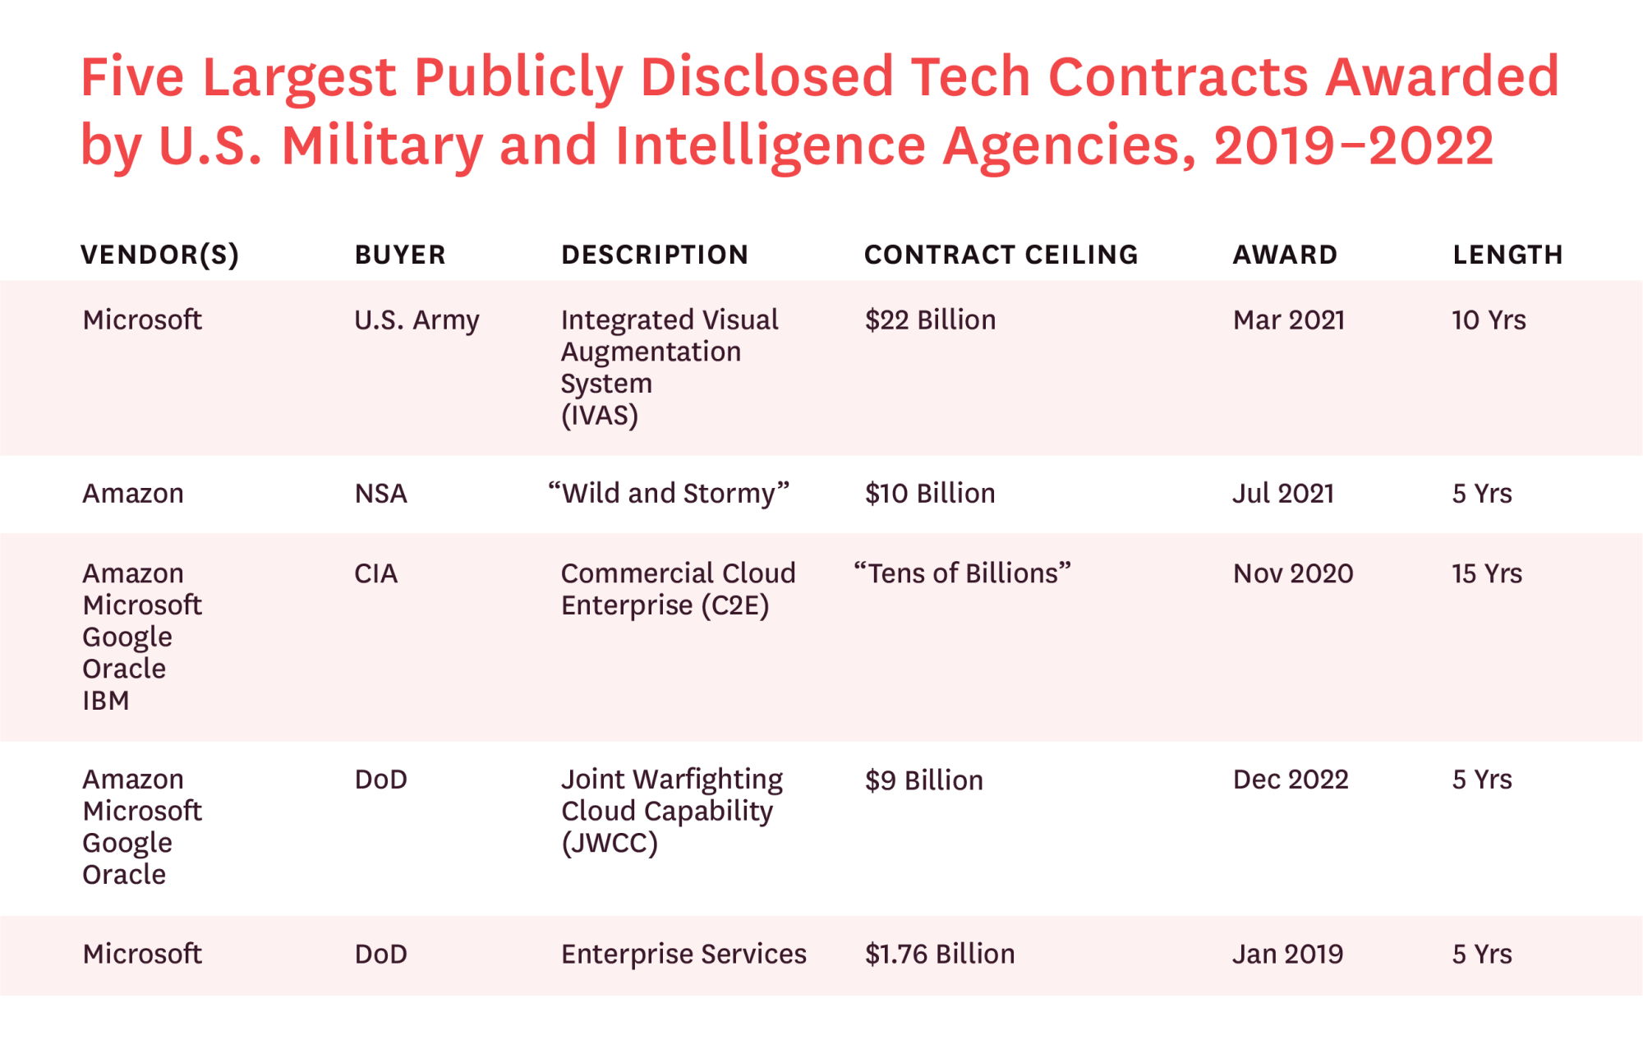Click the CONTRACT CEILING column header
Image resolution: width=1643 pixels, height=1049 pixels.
click(1001, 255)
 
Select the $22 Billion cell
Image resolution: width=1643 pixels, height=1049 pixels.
click(930, 320)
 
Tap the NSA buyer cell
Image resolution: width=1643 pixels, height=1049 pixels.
click(380, 494)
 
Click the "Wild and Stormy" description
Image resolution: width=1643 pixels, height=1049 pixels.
click(669, 494)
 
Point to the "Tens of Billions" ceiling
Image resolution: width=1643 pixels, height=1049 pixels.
click(962, 573)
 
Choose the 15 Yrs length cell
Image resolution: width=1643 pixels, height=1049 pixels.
click(1486, 573)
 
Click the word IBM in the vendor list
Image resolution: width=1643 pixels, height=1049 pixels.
click(106, 701)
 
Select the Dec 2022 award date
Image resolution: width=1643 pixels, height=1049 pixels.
click(1291, 780)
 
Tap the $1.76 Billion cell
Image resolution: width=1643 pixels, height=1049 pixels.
click(940, 954)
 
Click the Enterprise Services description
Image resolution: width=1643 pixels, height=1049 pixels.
click(683, 954)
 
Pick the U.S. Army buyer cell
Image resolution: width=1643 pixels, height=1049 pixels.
click(417, 320)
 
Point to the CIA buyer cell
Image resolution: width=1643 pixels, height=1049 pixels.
click(375, 573)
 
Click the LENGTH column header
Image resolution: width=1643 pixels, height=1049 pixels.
click(1507, 255)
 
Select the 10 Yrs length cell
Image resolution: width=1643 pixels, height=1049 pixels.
click(1489, 320)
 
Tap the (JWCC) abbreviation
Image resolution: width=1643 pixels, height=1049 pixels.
click(610, 844)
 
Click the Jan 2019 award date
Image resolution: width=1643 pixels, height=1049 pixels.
click(1287, 954)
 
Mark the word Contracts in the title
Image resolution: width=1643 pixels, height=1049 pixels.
click(1178, 77)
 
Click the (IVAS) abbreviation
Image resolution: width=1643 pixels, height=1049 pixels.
click(600, 416)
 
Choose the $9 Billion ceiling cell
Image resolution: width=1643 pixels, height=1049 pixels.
click(923, 780)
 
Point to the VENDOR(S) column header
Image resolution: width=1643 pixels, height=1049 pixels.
click(159, 255)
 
